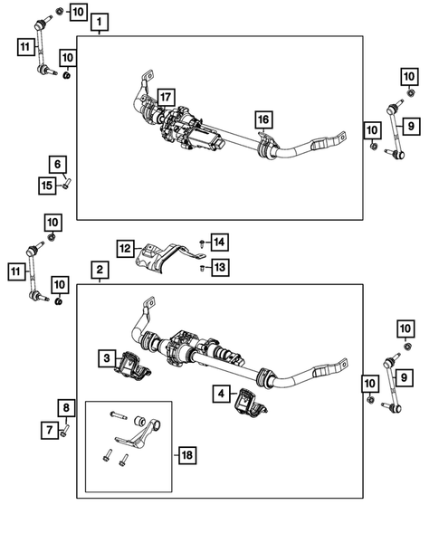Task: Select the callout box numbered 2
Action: click(100, 270)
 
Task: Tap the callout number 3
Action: click(108, 360)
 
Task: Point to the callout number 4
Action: click(221, 394)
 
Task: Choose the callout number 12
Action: click(125, 247)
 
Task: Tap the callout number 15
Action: click(50, 185)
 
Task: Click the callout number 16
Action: click(262, 119)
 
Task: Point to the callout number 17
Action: click(165, 97)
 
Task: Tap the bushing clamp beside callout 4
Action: click(251, 405)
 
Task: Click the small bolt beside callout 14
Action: click(201, 243)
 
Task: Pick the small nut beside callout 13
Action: click(201, 267)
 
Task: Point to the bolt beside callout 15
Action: click(66, 186)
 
